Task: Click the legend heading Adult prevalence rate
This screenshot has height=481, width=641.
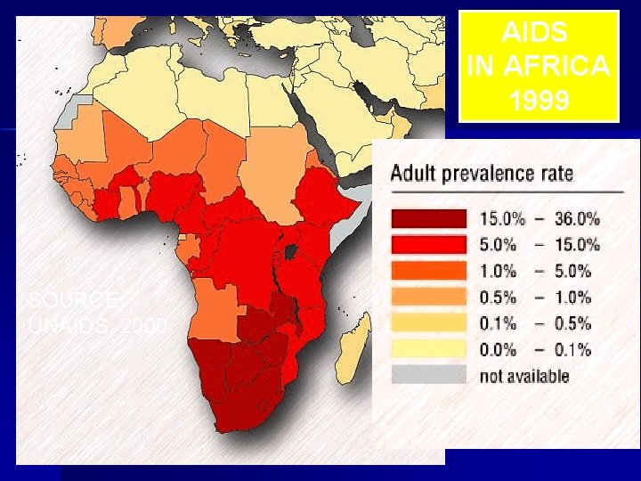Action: tap(482, 173)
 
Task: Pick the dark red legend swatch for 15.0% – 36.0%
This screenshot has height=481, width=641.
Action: tap(428, 218)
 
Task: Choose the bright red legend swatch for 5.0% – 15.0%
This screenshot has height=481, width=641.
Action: tap(428, 244)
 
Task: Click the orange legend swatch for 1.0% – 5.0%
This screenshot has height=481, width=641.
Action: tap(428, 270)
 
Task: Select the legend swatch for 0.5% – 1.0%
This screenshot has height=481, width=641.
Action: tap(428, 297)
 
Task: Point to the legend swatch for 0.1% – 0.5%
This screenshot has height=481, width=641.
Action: tap(428, 322)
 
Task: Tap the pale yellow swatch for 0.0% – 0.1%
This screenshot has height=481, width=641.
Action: tap(428, 349)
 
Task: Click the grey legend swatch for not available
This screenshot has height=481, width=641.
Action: tap(428, 375)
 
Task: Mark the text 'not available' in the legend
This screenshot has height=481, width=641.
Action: tap(524, 376)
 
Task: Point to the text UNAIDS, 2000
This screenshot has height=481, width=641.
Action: tap(97, 326)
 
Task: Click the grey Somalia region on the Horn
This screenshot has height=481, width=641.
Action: tap(350, 213)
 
